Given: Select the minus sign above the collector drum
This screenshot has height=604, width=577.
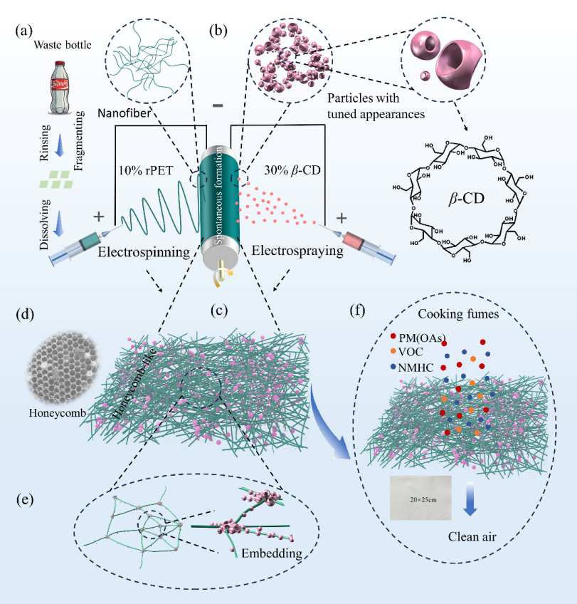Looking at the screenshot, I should [x=217, y=106].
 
